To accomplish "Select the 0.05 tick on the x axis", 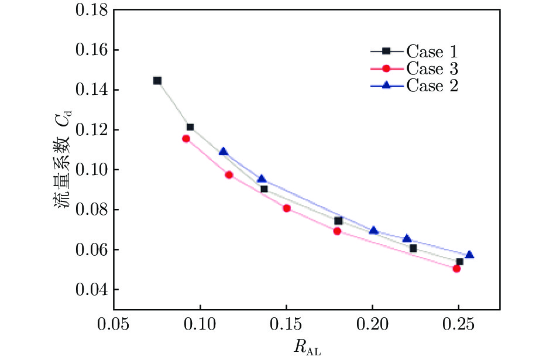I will [114, 324].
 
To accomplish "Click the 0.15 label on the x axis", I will [287, 324].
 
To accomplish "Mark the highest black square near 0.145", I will [157, 81].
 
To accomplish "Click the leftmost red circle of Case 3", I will [186, 139].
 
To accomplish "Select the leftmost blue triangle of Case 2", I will [223, 152].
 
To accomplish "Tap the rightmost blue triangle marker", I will [469, 255].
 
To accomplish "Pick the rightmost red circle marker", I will [456, 269].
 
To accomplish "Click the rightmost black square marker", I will [460, 262].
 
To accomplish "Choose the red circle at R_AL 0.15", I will [287, 208].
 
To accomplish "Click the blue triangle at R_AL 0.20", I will [373, 230].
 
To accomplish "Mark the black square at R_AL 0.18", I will [338, 221].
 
